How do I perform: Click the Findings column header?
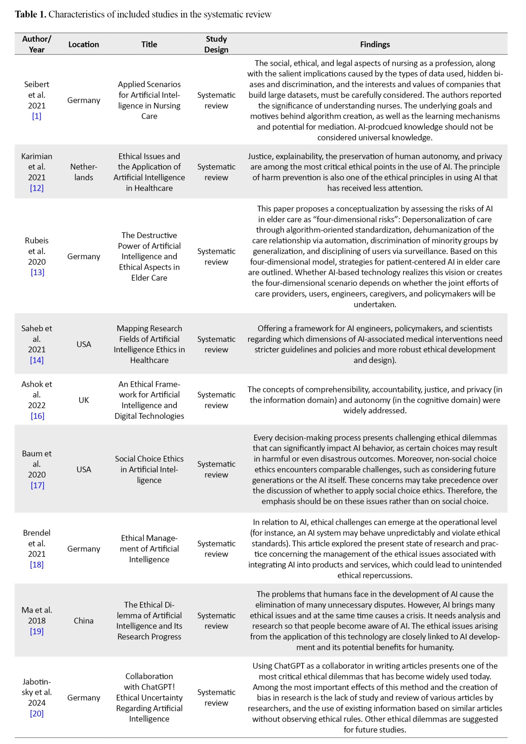[x=374, y=44]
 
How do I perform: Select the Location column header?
[x=83, y=44]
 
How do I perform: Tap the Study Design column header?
[x=216, y=44]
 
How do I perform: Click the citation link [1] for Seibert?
[x=36, y=116]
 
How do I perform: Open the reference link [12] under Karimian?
[x=36, y=188]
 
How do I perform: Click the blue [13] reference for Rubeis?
[x=37, y=272]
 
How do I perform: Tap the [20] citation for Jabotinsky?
[x=36, y=713]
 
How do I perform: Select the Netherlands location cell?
[x=83, y=172]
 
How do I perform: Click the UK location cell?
[x=83, y=400]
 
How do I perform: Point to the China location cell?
[x=83, y=620]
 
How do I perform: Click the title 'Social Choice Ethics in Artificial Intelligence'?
[x=149, y=469]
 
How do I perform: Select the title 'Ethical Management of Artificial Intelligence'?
[x=149, y=549]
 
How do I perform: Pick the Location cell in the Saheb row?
[x=83, y=344]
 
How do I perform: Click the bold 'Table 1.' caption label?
[x=31, y=14]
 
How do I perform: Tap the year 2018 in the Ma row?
[x=36, y=620]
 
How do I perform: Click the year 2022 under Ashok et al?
[x=36, y=405]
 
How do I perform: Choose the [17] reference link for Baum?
[x=37, y=485]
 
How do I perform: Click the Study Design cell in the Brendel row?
[x=216, y=549]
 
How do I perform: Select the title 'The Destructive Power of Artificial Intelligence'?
[x=149, y=256]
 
